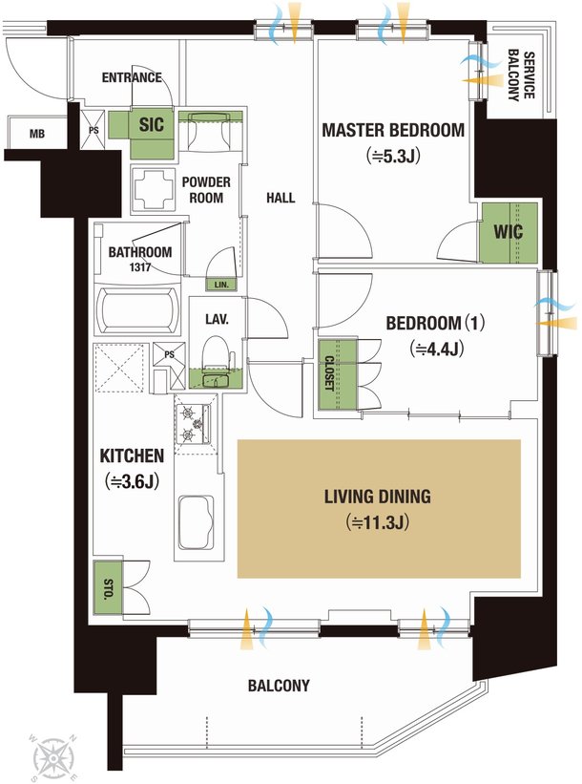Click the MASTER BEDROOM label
point(393,130)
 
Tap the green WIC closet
point(509,232)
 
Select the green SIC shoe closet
point(142,132)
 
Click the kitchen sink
point(197,523)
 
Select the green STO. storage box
point(108,588)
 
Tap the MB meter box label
point(37,134)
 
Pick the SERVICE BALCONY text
point(521,75)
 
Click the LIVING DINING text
point(377,497)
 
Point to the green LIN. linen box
point(221,285)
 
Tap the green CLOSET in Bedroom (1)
point(338,374)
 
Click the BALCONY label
point(279,685)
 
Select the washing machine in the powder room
point(154,189)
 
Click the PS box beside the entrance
point(93,129)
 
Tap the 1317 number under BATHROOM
point(139,267)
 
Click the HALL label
point(281,198)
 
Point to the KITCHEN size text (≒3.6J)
point(132,481)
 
